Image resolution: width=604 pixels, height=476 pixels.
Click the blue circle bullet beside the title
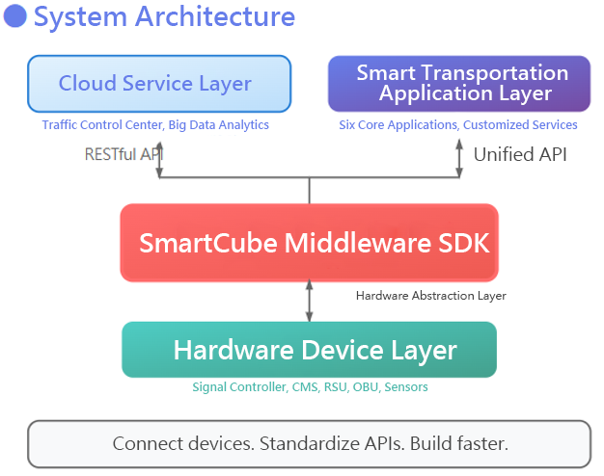click(15, 16)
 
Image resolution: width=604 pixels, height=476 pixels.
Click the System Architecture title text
click(164, 16)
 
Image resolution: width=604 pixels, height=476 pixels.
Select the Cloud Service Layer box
click(159, 84)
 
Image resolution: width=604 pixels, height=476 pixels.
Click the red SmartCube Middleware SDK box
click(309, 243)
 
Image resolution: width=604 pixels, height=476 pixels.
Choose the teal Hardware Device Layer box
click(309, 350)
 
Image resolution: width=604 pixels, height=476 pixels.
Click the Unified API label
click(519, 153)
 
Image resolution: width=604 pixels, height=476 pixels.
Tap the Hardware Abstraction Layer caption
click(430, 296)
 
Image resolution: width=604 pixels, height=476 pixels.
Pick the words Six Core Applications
click(398, 125)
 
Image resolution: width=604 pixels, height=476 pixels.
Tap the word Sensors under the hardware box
click(405, 387)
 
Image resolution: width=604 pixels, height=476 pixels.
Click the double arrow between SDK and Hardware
click(309, 302)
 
